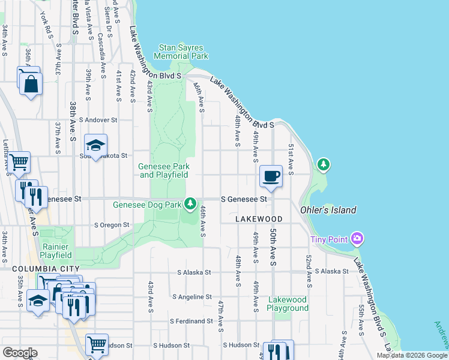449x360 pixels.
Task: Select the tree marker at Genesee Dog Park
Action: pyautogui.click(x=191, y=204)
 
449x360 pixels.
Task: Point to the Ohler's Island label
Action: pyautogui.click(x=328, y=210)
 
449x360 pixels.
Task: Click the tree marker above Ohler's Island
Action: pyautogui.click(x=324, y=164)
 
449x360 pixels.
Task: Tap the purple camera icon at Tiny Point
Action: pyautogui.click(x=358, y=239)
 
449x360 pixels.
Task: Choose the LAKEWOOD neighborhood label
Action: pyautogui.click(x=258, y=220)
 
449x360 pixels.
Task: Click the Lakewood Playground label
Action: pyautogui.click(x=288, y=304)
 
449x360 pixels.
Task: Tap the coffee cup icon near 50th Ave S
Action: pyautogui.click(x=271, y=176)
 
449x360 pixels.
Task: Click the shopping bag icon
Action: pyautogui.click(x=31, y=83)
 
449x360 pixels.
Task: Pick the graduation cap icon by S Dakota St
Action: pyautogui.click(x=95, y=145)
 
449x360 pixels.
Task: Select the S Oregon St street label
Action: pyautogui.click(x=112, y=225)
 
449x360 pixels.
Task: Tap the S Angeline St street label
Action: pyautogui.click(x=191, y=296)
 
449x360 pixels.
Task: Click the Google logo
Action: pyautogui.click(x=20, y=353)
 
